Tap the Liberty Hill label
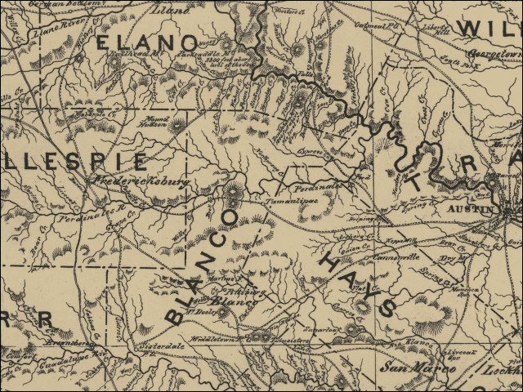(440, 27)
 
